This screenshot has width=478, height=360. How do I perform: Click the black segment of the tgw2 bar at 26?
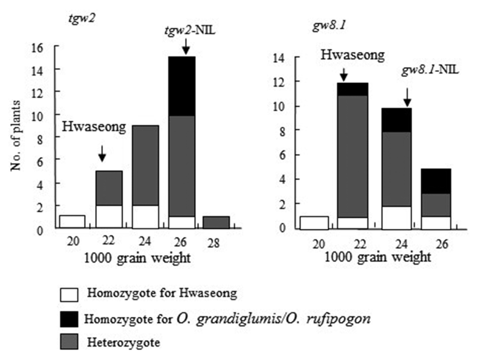[182, 86]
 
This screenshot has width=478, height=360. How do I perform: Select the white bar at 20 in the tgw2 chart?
[72, 222]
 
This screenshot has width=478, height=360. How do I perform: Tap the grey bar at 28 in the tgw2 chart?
[216, 222]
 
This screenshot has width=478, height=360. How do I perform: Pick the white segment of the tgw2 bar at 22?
[109, 217]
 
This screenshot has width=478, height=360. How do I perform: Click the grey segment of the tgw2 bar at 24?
[145, 165]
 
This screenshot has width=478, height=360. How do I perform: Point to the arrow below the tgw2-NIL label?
[186, 46]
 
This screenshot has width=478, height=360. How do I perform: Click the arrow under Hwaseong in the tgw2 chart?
[102, 154]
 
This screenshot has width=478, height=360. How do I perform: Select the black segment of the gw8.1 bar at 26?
[436, 181]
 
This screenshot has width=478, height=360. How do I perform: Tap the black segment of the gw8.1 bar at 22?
[353, 89]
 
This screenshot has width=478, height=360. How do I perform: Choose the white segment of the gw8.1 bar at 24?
[396, 218]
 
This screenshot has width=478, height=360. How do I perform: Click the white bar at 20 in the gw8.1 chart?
[314, 223]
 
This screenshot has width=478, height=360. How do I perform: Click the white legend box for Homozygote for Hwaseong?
[69, 295]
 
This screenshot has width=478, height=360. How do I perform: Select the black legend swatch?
[69, 319]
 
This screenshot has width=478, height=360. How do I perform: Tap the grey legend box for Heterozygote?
[69, 342]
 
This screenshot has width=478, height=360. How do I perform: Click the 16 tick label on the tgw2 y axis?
[37, 48]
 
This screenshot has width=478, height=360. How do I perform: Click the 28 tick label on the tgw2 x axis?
[214, 244]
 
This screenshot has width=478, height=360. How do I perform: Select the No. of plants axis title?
[16, 136]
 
